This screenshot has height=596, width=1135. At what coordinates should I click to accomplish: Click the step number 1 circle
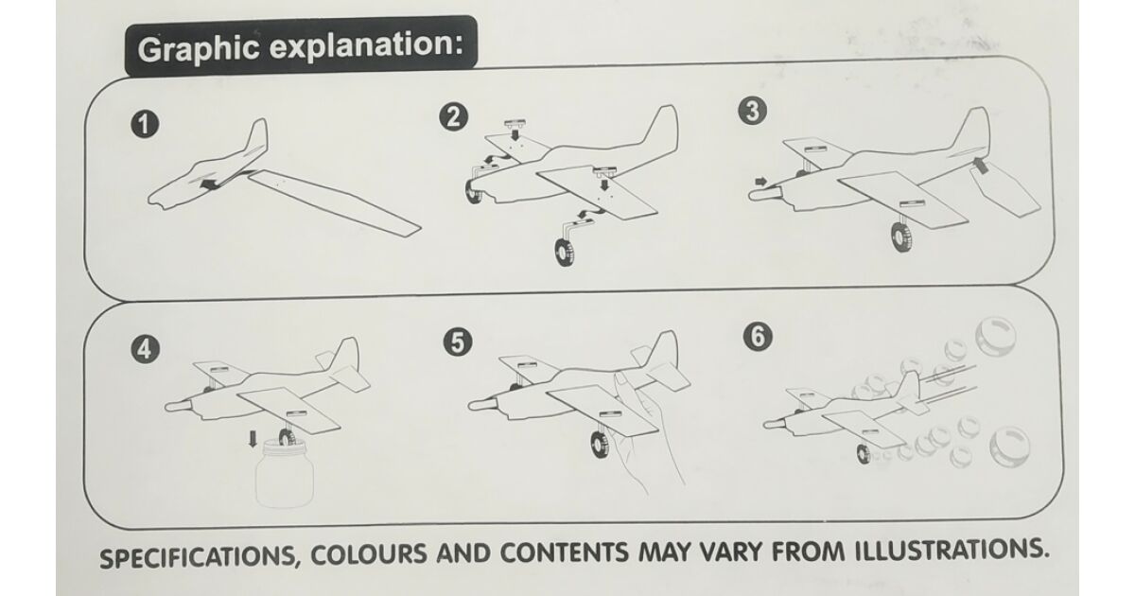pos(145,125)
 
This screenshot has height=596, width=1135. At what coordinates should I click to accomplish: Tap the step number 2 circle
pos(453,117)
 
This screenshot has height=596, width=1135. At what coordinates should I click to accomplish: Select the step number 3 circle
pos(753,111)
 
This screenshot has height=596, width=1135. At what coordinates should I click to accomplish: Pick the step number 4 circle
pos(145,349)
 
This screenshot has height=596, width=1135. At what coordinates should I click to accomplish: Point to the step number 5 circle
pos(458,342)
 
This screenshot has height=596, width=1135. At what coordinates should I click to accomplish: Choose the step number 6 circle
pos(758,336)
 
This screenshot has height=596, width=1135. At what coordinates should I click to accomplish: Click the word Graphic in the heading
pos(198,49)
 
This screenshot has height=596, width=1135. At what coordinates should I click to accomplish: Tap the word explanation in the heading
pos(366,45)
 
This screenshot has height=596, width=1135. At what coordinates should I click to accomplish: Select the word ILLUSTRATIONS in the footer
pos(952,550)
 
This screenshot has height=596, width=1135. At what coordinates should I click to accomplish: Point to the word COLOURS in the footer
pos(369,554)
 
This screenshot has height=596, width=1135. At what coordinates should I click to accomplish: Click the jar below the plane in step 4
pos(285,474)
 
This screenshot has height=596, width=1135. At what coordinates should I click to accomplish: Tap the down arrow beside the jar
pos(253,439)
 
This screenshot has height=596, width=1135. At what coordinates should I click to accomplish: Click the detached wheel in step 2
pos(565,253)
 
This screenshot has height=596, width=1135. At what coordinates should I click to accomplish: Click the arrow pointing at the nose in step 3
pos(761,181)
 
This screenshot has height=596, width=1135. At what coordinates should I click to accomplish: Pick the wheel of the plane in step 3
pos(902,237)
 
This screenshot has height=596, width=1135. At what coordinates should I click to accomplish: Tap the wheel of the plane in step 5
pos(601,445)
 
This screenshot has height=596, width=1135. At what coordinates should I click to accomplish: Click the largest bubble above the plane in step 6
pos(996,337)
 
